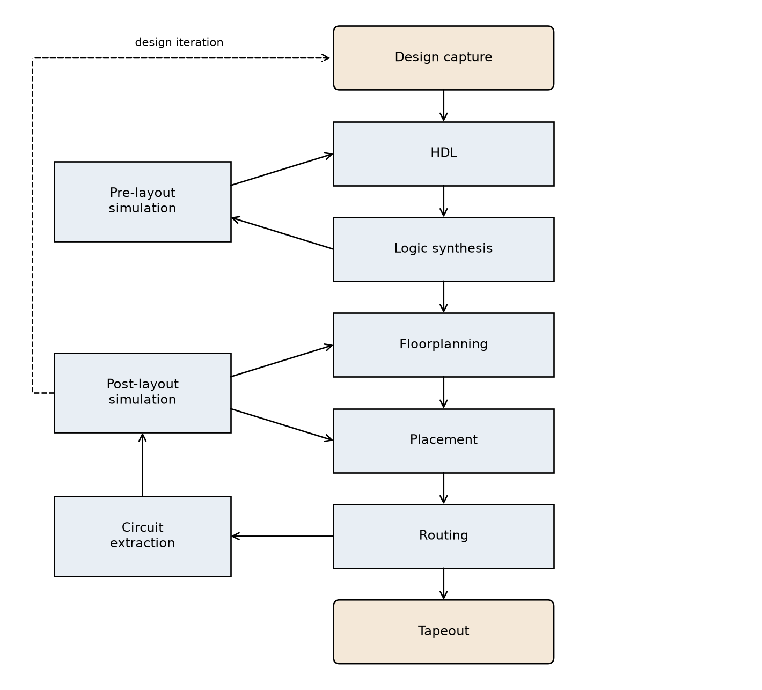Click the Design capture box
tap(443, 58)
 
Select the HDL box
tap(443, 154)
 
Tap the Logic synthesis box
tap(443, 249)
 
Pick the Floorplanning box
tap(443, 345)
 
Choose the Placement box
tap(443, 441)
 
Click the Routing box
tap(443, 537)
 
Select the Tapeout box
tap(443, 632)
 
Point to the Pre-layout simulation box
tap(142, 201)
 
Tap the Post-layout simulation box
tap(142, 393)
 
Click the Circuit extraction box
tap(142, 537)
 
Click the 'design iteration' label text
tap(179, 42)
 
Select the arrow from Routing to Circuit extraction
tap(282, 537)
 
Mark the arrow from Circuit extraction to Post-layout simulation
tap(142, 465)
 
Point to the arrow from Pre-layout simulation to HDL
tap(282, 170)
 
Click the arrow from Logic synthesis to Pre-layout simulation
tap(282, 233)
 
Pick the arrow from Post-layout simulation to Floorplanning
tap(282, 361)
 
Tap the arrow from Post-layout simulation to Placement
tap(282, 425)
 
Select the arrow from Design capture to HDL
tap(443, 106)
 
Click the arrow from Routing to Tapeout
tap(443, 584)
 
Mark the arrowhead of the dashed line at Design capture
tap(326, 58)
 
